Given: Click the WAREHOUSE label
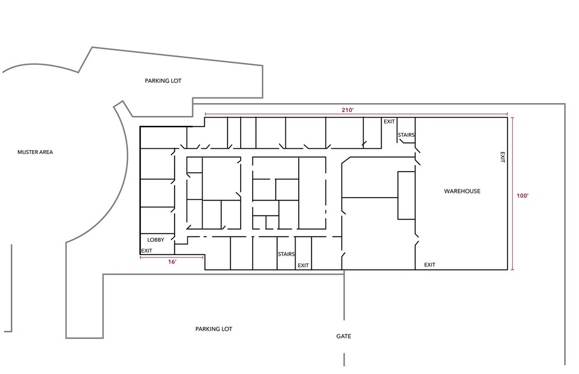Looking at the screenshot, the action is (462, 191).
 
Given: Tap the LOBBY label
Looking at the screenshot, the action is (156, 240).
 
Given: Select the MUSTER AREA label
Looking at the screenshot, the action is (35, 152).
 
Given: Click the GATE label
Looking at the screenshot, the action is (343, 336).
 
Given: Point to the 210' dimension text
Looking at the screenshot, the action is (348, 110).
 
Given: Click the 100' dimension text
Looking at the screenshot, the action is (522, 196).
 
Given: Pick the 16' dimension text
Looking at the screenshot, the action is (172, 262).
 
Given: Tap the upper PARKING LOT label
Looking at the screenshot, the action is (163, 81).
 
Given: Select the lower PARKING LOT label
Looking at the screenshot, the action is (214, 329).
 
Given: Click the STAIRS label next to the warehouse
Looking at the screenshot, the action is (406, 135).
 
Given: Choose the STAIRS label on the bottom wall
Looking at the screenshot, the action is (286, 254).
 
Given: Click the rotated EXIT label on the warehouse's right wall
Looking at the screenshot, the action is (502, 156).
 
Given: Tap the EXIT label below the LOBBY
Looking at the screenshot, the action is (147, 251).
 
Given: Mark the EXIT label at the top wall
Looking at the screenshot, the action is (389, 121).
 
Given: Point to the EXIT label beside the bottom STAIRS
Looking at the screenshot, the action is (303, 266).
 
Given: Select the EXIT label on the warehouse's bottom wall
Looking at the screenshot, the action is (429, 265).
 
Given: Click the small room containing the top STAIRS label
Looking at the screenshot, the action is (406, 130).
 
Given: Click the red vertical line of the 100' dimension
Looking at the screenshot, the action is (513, 193).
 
